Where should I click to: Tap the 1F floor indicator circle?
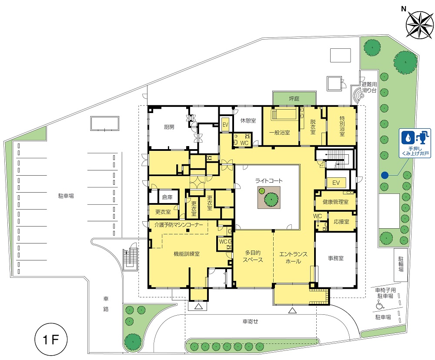click(51, 340)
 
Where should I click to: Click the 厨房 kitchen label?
click(169, 127)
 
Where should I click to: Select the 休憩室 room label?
click(248, 120)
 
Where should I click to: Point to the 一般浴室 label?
click(280, 133)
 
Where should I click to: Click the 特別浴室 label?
click(342, 126)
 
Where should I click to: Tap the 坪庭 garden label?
click(294, 98)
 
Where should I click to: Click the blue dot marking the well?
click(384, 175)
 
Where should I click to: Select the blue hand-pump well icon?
click(415, 143)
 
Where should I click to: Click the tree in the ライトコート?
click(271, 199)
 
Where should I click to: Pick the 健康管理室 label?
click(335, 202)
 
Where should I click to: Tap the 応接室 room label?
click(341, 222)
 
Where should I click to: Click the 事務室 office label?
click(336, 258)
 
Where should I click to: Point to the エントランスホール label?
click(293, 258)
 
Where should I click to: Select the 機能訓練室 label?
click(187, 254)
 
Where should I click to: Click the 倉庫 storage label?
click(167, 197)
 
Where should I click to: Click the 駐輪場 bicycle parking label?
click(401, 264)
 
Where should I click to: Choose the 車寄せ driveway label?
click(250, 321)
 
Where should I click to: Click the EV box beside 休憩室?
click(225, 125)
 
